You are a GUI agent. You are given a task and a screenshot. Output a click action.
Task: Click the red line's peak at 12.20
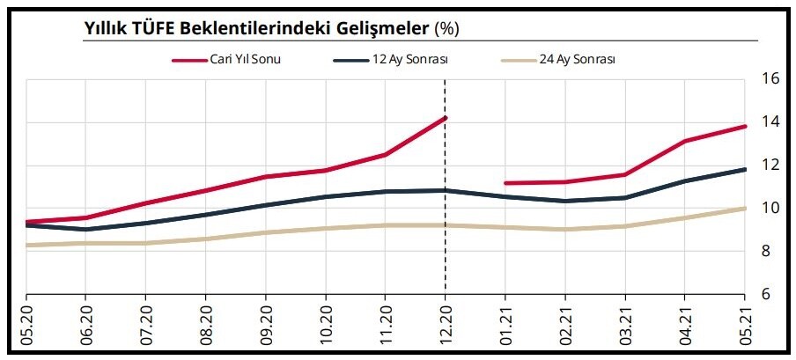[x=446, y=117]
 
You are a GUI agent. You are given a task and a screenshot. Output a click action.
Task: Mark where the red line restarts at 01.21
[x=505, y=183]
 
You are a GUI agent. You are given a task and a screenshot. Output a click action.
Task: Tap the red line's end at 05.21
[x=745, y=126]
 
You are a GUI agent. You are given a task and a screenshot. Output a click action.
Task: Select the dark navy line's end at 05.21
[x=745, y=169]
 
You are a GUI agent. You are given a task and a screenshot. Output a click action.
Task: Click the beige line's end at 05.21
[x=745, y=209]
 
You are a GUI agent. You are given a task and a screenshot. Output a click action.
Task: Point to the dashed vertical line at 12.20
[x=446, y=246]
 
